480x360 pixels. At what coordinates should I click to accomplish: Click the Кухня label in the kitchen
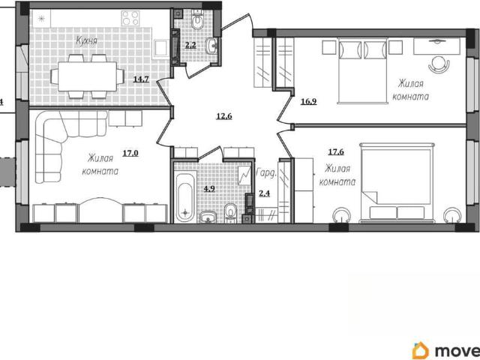click(x=87, y=41)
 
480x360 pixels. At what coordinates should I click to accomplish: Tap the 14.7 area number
click(x=141, y=79)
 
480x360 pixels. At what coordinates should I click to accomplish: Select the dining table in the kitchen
click(x=87, y=76)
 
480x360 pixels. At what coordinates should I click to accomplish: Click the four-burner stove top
click(x=130, y=18)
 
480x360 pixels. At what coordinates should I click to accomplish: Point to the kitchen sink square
click(x=160, y=48)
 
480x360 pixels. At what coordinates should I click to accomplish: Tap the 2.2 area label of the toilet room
click(x=190, y=45)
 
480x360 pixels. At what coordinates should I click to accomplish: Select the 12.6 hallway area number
click(x=224, y=116)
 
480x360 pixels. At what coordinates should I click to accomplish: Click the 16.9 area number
click(x=308, y=101)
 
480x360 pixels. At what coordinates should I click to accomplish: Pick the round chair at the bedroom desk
click(x=439, y=64)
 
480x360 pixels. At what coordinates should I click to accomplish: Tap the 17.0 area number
click(x=130, y=153)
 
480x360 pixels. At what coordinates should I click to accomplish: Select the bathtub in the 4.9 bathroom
click(x=185, y=197)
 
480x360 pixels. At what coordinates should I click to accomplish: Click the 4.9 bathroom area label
click(x=210, y=188)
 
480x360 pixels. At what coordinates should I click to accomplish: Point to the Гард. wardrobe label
click(x=266, y=172)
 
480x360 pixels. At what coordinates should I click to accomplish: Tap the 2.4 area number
click(x=265, y=193)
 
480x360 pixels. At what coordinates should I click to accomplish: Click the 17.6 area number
click(x=336, y=151)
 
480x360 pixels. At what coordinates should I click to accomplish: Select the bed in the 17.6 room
click(x=397, y=182)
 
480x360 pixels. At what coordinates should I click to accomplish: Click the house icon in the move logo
click(x=420, y=350)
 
